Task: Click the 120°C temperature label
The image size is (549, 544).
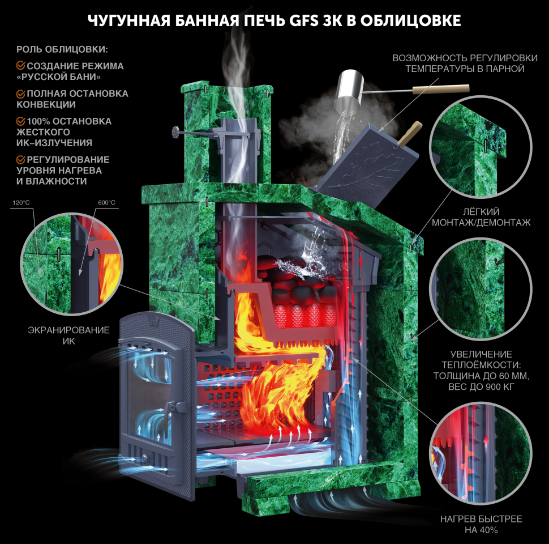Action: pyautogui.click(x=21, y=203)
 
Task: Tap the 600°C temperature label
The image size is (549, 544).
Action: pyautogui.click(x=106, y=203)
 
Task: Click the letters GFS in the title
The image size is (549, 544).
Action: pyautogui.click(x=304, y=21)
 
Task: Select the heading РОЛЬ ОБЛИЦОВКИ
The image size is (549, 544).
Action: pyautogui.click(x=62, y=49)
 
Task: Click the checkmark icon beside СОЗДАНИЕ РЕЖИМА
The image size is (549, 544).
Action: pyautogui.click(x=20, y=66)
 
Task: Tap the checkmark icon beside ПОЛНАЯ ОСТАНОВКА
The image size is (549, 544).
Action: pyautogui.click(x=20, y=93)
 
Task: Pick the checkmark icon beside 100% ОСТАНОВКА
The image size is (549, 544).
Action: pyautogui.click(x=20, y=121)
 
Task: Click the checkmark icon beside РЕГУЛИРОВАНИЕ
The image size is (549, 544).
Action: pyautogui.click(x=20, y=159)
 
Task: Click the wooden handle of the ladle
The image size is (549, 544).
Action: pyautogui.click(x=441, y=89)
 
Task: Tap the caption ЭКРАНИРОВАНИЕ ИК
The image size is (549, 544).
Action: pyautogui.click(x=68, y=335)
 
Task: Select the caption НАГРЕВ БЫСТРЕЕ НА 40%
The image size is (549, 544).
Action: pyautogui.click(x=481, y=524)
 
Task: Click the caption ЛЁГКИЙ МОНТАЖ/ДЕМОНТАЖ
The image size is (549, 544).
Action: pyautogui.click(x=481, y=217)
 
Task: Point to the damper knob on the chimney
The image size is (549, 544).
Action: pyautogui.click(x=175, y=133)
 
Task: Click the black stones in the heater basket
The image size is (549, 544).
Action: pyautogui.click(x=298, y=280)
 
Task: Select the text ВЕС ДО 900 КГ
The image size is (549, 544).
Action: pyautogui.click(x=481, y=387)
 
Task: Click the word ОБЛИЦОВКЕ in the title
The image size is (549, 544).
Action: pyautogui.click(x=411, y=21)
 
